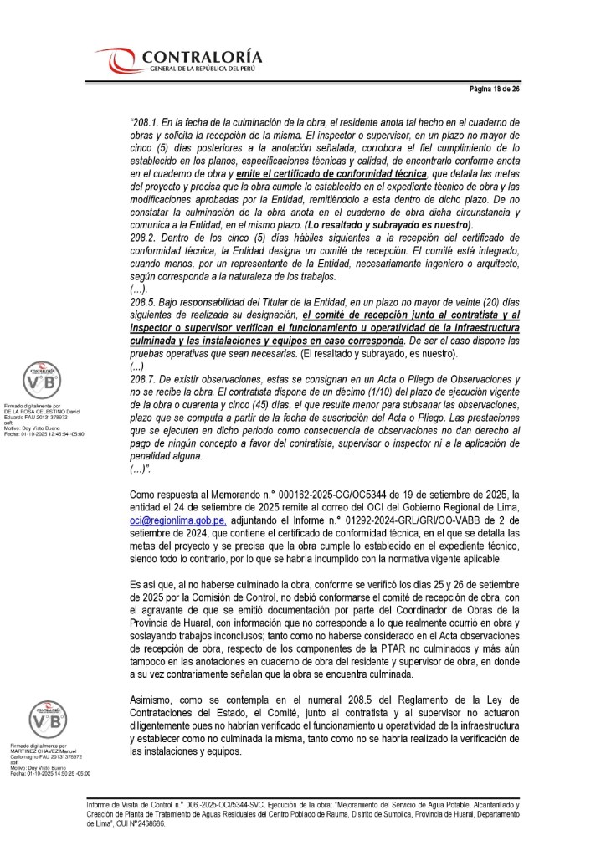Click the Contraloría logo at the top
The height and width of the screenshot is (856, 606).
pyautogui.click(x=179, y=60)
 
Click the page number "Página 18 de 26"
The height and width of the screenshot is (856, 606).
pyautogui.click(x=494, y=89)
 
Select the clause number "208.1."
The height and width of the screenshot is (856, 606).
pyautogui.click(x=147, y=122)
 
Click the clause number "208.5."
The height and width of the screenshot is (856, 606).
pyautogui.click(x=146, y=298)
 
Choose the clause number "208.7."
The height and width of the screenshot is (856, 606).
pyautogui.click(x=146, y=380)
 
